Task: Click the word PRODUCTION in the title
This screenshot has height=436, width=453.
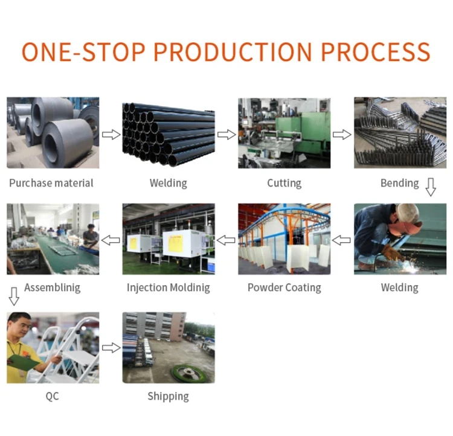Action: [x=233, y=52]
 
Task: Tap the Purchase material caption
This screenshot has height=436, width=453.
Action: [x=51, y=183]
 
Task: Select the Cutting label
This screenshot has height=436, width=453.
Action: [x=284, y=183]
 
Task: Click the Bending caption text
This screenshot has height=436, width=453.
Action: [x=400, y=183]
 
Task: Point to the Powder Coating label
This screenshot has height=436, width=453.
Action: [x=284, y=288]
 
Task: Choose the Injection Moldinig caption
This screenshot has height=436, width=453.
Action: [x=169, y=288]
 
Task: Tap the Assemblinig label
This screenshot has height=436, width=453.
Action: [x=53, y=288]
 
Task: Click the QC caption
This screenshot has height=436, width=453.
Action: [x=53, y=396]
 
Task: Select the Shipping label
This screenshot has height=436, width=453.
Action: [x=168, y=396]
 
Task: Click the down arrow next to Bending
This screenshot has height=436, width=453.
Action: [x=431, y=187]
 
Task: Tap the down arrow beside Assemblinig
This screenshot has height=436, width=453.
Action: [x=14, y=296]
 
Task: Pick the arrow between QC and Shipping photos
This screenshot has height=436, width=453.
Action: [x=111, y=348]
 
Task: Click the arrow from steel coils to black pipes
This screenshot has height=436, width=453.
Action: [x=111, y=134]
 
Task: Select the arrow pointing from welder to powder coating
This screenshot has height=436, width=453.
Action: [x=341, y=240]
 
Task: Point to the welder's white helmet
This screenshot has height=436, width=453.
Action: [x=407, y=213]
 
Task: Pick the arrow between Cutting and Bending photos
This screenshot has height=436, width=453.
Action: [x=342, y=134]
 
